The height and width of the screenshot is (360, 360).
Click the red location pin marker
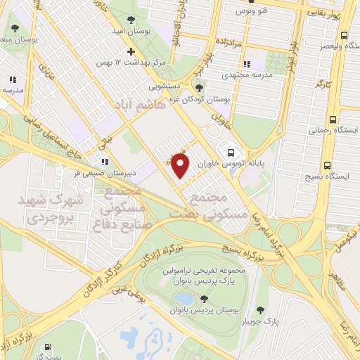click(x=181, y=165)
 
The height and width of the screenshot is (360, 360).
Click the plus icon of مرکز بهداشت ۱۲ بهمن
click(x=131, y=51)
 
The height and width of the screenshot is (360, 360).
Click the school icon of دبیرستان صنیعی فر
click(x=105, y=161)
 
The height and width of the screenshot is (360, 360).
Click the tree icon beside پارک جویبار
click(x=261, y=310)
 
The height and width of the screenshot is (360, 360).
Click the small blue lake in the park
click(x=184, y=300)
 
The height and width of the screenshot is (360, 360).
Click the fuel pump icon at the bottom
click(x=47, y=347)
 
